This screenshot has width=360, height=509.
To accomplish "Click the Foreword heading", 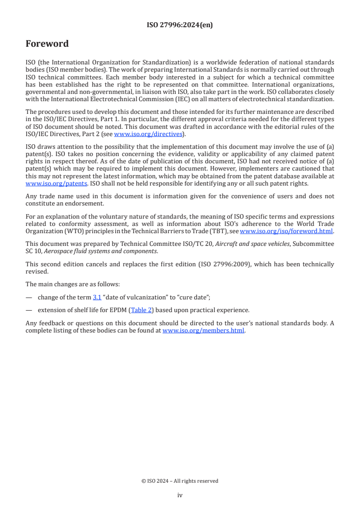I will [47, 44].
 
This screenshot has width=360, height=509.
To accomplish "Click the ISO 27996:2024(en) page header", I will [180, 25].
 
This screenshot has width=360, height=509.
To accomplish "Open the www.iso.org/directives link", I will [148, 134].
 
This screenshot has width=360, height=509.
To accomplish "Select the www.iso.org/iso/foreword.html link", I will [286, 231].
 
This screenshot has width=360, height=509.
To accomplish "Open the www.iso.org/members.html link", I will [203, 330].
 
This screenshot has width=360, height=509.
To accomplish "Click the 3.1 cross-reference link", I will [97, 298].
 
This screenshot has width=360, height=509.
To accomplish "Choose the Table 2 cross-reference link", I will [141, 310].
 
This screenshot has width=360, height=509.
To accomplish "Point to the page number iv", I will [180, 495].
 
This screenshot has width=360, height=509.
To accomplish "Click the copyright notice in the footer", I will [180, 481].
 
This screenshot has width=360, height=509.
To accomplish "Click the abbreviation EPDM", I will [119, 310].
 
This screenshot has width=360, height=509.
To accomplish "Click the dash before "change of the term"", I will [29, 298].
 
